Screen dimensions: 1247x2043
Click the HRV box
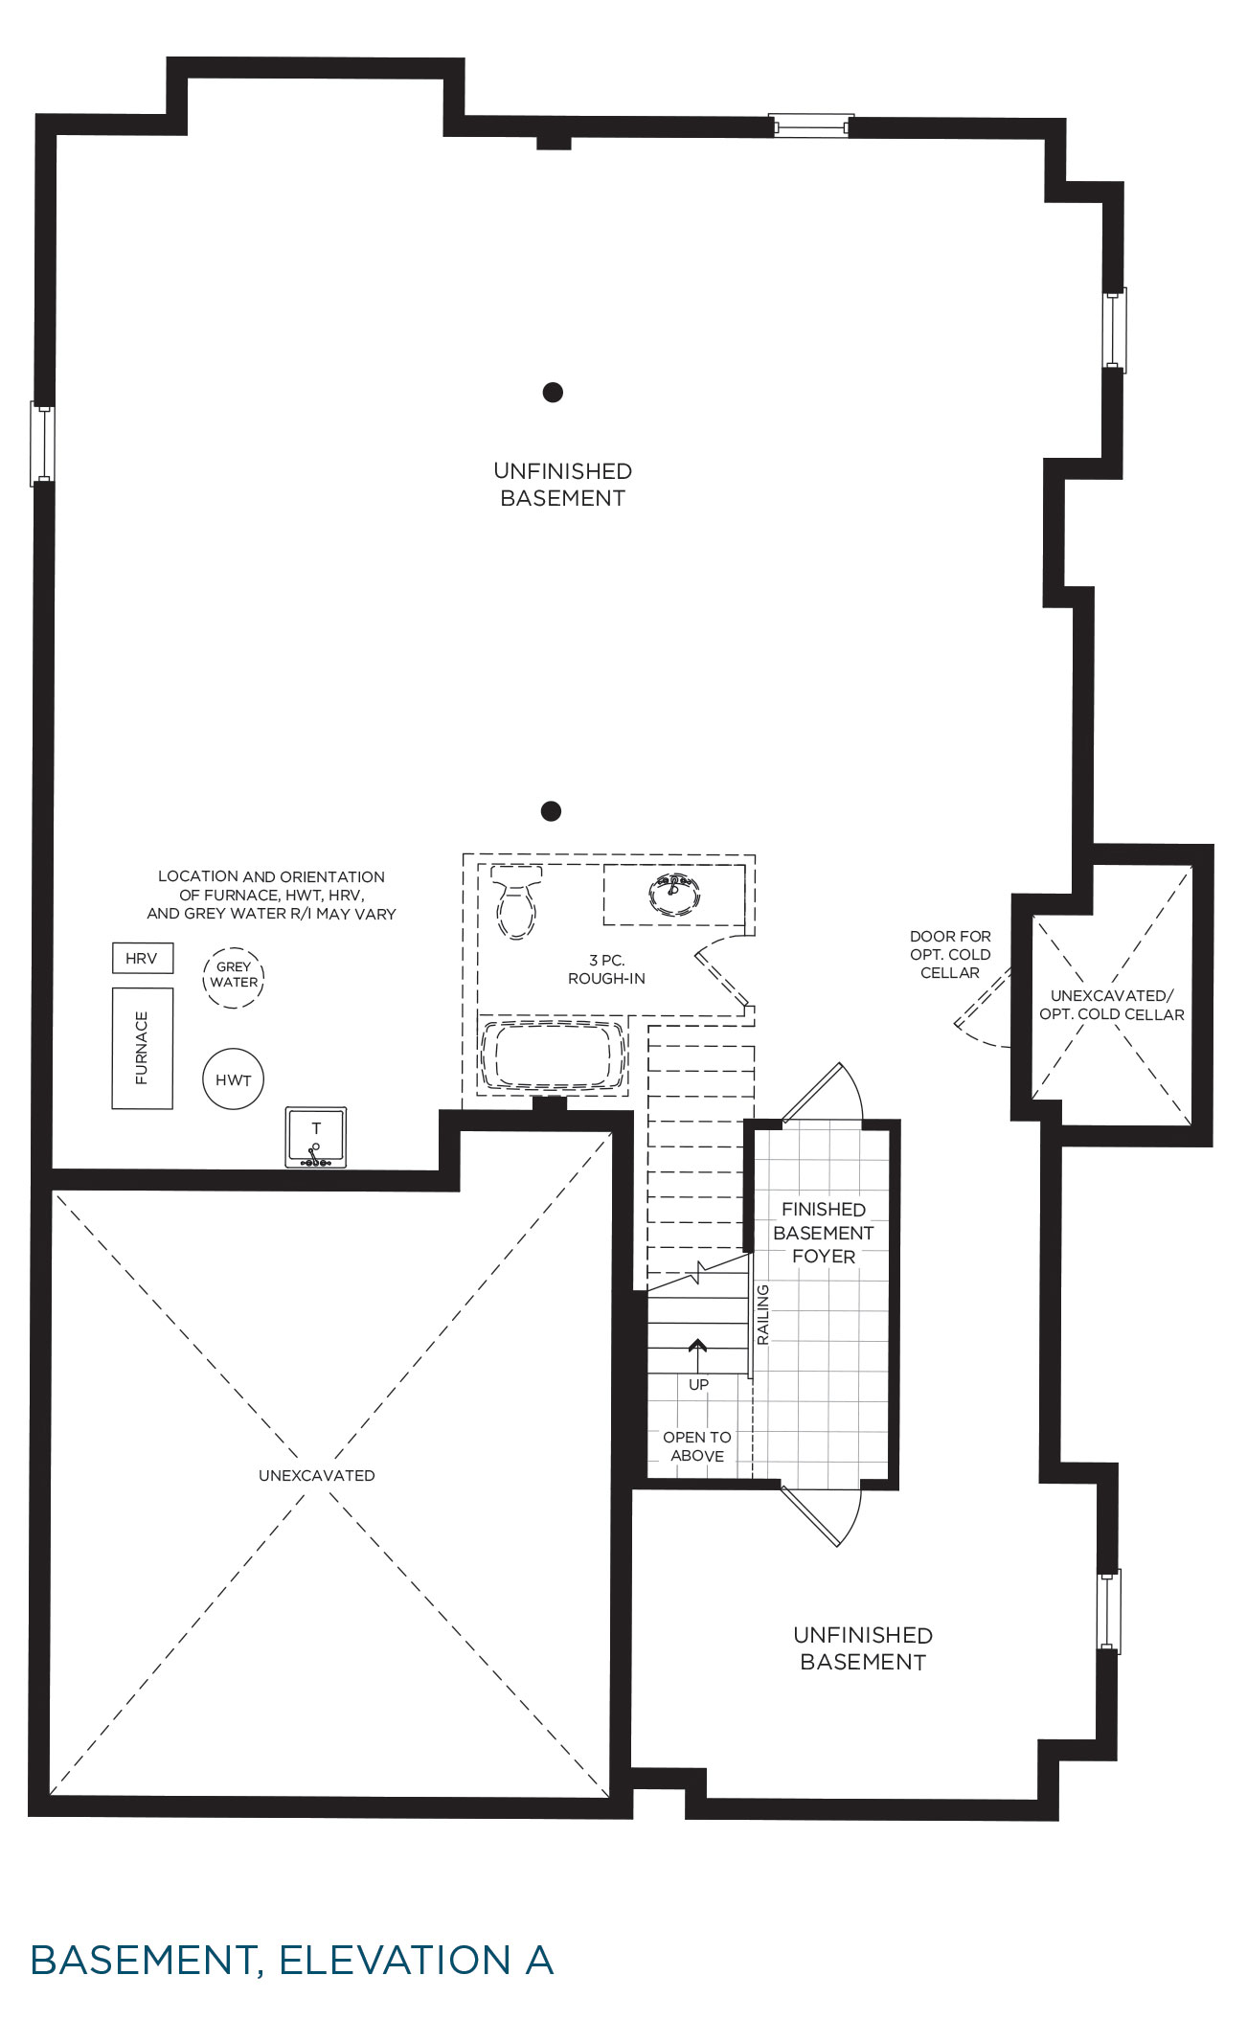(143, 958)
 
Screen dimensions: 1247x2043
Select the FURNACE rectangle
(143, 1048)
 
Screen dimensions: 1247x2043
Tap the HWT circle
(233, 1079)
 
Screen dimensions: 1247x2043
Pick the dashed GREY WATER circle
(233, 977)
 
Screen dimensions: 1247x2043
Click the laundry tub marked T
(316, 1137)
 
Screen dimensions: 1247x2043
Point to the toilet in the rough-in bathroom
(516, 900)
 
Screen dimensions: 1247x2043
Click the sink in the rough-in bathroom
(674, 894)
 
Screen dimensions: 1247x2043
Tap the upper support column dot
(553, 392)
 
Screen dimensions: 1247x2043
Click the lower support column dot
(551, 811)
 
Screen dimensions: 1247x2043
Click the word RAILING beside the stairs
(763, 1314)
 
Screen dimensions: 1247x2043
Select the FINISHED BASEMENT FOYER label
(824, 1233)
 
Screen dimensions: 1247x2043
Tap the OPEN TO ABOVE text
(697, 1446)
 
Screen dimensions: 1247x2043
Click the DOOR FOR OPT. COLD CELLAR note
(950, 954)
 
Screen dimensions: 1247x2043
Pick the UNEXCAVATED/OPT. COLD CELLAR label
(1112, 1005)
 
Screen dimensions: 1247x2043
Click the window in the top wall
(812, 125)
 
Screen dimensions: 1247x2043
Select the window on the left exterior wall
(43, 444)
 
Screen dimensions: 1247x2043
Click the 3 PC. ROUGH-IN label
(606, 969)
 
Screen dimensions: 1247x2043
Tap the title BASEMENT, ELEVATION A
(292, 1960)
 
